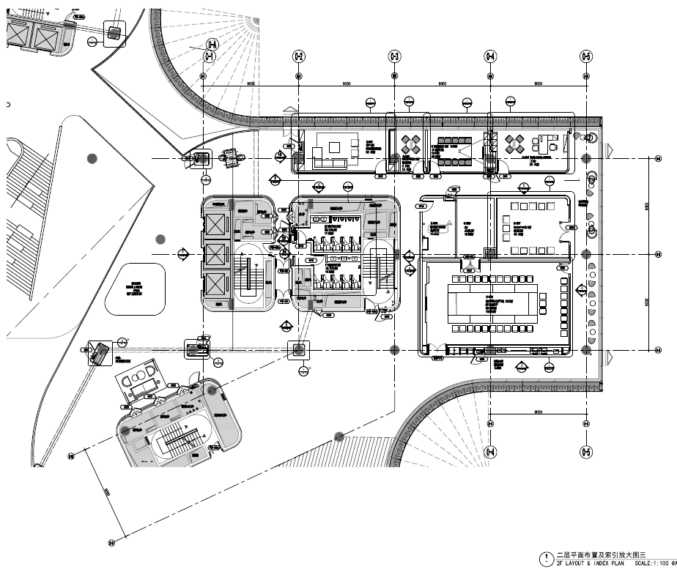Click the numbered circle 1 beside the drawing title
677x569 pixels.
click(x=544, y=559)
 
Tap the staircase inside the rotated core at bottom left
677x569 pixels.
click(x=177, y=440)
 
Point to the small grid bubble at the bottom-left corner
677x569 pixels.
click(x=112, y=543)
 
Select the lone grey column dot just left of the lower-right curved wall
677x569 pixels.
click(x=339, y=436)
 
